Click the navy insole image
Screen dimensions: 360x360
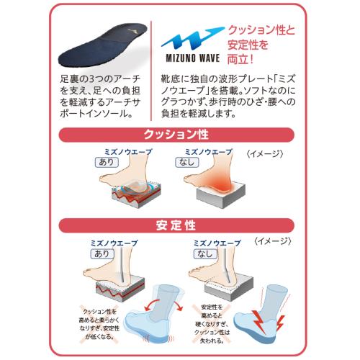click(x=102, y=45)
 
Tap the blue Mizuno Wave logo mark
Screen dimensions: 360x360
click(x=192, y=38)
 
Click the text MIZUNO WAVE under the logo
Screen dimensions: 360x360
click(x=193, y=58)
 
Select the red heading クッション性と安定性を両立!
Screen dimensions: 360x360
click(x=261, y=45)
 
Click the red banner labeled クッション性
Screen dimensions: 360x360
click(x=176, y=135)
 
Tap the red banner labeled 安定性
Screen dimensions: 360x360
click(x=176, y=225)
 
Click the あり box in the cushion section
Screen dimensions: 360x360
click(x=107, y=162)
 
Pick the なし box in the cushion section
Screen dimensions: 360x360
click(x=187, y=162)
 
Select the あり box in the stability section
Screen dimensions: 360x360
click(x=102, y=253)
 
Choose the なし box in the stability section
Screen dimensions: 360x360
click(x=206, y=253)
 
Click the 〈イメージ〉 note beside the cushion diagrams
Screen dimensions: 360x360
click(x=265, y=154)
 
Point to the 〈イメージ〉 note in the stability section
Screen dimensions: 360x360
click(x=273, y=241)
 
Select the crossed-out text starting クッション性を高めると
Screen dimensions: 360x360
click(x=99, y=324)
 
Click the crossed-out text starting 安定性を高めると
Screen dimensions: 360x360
click(x=212, y=324)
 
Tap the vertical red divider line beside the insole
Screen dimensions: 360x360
click(x=151, y=71)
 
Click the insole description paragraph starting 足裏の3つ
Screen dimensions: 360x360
click(x=100, y=96)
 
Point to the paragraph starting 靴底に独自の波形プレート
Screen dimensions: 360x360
click(x=228, y=96)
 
